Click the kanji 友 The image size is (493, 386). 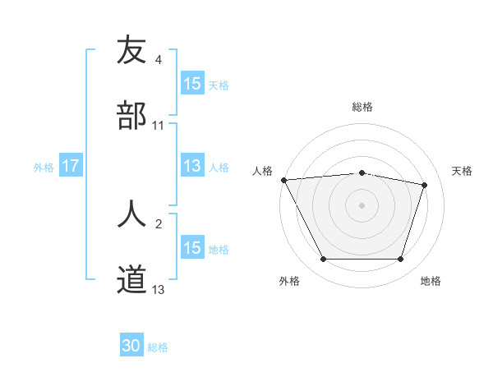pos(131,50)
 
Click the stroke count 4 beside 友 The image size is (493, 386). pos(159,59)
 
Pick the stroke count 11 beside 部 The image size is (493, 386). pos(159,125)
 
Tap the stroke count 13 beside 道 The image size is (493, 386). pos(159,289)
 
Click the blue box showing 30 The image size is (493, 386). pos(131,346)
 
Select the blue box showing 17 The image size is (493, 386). pos(70,166)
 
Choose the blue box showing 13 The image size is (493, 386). pos(191,166)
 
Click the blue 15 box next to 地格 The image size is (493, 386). pos(191,248)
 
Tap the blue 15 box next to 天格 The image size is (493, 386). pos(191,84)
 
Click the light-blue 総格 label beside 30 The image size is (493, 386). pos(158,347)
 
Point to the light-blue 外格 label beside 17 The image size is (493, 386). pos(44,167)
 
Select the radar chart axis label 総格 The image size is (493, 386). pos(362,107)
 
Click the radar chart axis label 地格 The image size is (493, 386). pos(431,281)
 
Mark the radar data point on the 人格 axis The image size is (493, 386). pos(283,180)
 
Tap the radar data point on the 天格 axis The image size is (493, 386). pos(425,185)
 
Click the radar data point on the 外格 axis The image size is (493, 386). pos(324,260)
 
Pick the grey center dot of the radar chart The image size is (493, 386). pos(362,205)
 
